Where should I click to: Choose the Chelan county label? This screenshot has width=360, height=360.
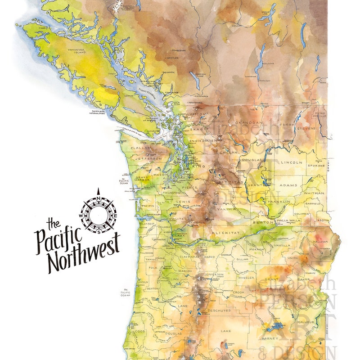click(x=225, y=152)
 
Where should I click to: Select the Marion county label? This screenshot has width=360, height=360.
click(x=184, y=271)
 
